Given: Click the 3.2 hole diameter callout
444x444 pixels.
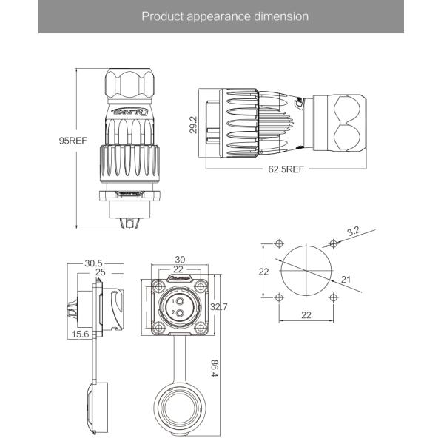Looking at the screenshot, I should [x=353, y=231].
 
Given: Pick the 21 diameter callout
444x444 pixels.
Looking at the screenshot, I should [x=346, y=280].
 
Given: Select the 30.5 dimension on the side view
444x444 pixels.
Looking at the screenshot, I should [x=94, y=263].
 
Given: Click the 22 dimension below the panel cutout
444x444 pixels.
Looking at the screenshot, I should [x=305, y=315].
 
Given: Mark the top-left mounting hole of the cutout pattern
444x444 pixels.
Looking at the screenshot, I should [x=278, y=243].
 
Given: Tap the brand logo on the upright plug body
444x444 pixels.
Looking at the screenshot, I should [x=131, y=112].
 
